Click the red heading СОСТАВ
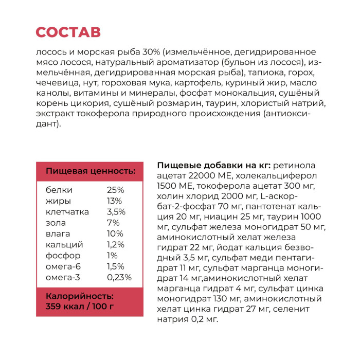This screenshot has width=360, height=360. tap(68, 32)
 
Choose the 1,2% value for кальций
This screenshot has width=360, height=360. tap(116, 244)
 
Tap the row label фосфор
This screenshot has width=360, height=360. tap(63, 256)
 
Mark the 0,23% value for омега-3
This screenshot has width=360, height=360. tap(119, 277)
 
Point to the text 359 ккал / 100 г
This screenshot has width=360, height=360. tap(80, 307)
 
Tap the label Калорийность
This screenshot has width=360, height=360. tap(80, 297)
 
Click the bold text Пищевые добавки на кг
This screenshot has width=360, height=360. tap(213, 165)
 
